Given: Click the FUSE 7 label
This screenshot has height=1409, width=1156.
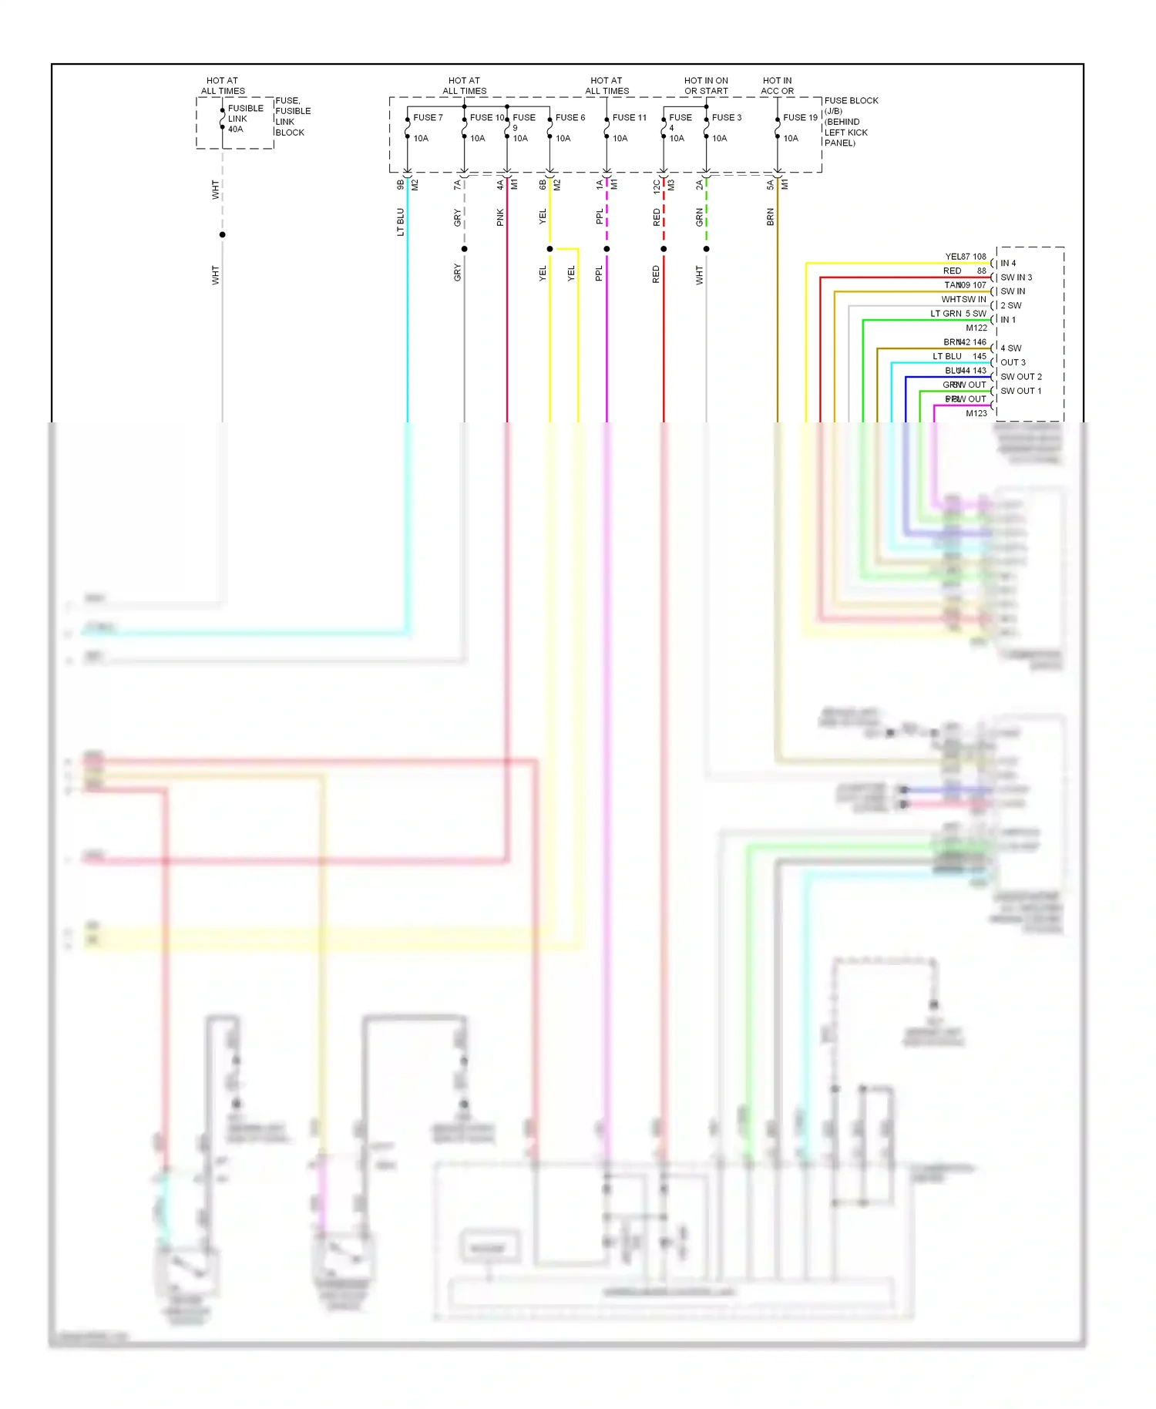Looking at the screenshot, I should coord(428,118).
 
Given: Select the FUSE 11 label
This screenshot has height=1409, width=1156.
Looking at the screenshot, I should coord(629,118).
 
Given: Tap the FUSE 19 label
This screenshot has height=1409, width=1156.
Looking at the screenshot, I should coord(800,118).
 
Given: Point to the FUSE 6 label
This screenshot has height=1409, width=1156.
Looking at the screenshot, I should coord(570,118).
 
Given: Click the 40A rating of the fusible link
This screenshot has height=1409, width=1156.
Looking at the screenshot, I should coord(235,129).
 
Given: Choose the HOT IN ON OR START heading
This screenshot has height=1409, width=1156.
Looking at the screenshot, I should coord(706,86).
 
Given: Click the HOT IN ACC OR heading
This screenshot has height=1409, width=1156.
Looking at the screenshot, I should coord(777,86).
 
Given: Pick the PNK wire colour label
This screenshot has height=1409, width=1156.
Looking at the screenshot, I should coord(500,217).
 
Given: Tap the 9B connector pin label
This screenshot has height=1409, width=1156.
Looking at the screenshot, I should coord(400,185).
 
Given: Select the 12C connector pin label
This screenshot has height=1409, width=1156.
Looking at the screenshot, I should coord(657,186).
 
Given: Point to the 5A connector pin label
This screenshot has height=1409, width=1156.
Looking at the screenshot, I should coord(770,186).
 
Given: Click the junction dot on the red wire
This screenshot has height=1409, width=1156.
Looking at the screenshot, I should coord(664,249).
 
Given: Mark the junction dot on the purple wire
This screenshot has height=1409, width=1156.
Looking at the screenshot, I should coord(607,249).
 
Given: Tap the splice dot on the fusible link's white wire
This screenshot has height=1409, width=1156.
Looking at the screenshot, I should coord(223,234).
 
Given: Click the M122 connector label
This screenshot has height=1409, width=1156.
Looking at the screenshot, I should coord(976,328).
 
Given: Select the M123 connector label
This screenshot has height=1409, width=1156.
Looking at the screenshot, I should coord(976,413).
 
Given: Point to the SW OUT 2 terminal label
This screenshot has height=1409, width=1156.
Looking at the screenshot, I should coord(1020,377).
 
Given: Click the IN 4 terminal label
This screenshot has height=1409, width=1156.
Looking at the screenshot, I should coord(1008,264).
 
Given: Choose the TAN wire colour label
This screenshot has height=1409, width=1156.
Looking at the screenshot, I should coord(952,285).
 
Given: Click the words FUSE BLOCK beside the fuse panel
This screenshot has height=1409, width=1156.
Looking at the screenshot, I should coord(851,101).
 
